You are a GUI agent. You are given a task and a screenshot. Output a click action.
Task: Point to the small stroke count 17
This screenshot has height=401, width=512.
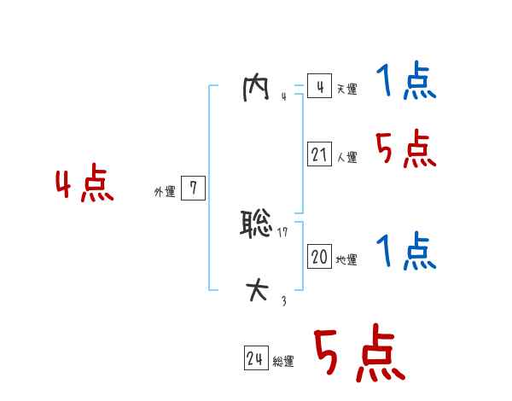click(283, 233)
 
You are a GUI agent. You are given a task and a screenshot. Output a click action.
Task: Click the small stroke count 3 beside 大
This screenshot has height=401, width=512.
click(283, 299)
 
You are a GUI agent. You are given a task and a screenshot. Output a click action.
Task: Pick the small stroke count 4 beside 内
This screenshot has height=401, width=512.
click(283, 96)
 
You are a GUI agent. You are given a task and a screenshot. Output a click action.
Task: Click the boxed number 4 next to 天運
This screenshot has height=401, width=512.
click(319, 87)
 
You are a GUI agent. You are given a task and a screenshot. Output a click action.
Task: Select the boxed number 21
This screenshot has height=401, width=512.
click(319, 155)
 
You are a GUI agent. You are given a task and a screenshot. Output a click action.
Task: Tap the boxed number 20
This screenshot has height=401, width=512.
click(319, 257)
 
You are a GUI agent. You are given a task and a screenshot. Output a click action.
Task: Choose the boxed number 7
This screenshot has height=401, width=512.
click(193, 189)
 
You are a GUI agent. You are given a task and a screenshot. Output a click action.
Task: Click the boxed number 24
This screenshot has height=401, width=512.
click(255, 359)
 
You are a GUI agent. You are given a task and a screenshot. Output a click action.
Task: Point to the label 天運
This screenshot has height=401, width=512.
click(346, 90)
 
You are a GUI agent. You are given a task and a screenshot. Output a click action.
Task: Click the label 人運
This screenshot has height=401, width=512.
click(346, 158)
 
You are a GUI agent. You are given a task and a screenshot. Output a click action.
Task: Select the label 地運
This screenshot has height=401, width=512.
click(346, 259)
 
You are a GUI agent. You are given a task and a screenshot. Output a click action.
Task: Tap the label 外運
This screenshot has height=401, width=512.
click(165, 192)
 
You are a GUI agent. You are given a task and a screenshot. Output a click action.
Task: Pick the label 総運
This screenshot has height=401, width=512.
click(283, 362)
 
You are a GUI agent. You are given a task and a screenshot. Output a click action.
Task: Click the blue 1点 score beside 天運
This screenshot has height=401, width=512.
click(406, 83)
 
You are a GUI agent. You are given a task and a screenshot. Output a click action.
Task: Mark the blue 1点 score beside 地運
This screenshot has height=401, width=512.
click(406, 253)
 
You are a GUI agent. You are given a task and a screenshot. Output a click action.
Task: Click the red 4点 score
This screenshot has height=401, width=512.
click(84, 185)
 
